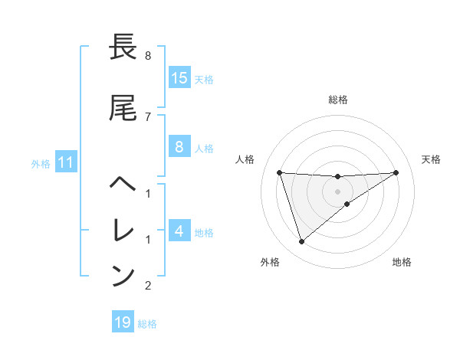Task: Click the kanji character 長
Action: pos(123,48)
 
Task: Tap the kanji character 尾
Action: pos(123,109)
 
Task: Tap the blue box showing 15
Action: pos(179,79)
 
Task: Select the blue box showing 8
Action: pos(179,148)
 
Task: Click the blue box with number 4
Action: pos(179,231)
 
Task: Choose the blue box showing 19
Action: pos(123,322)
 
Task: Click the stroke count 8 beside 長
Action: pos(148,56)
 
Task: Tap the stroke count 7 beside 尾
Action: pos(148,116)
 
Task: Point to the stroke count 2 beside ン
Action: pos(148,286)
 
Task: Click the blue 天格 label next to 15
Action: pos(204,80)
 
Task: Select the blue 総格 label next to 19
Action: pos(147,324)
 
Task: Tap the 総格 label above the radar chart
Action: pos(338,100)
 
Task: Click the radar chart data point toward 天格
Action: pos(396,172)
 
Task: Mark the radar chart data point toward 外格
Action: pos(301,242)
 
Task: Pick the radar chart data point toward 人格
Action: pos(280,172)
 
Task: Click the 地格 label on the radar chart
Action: pos(402,263)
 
